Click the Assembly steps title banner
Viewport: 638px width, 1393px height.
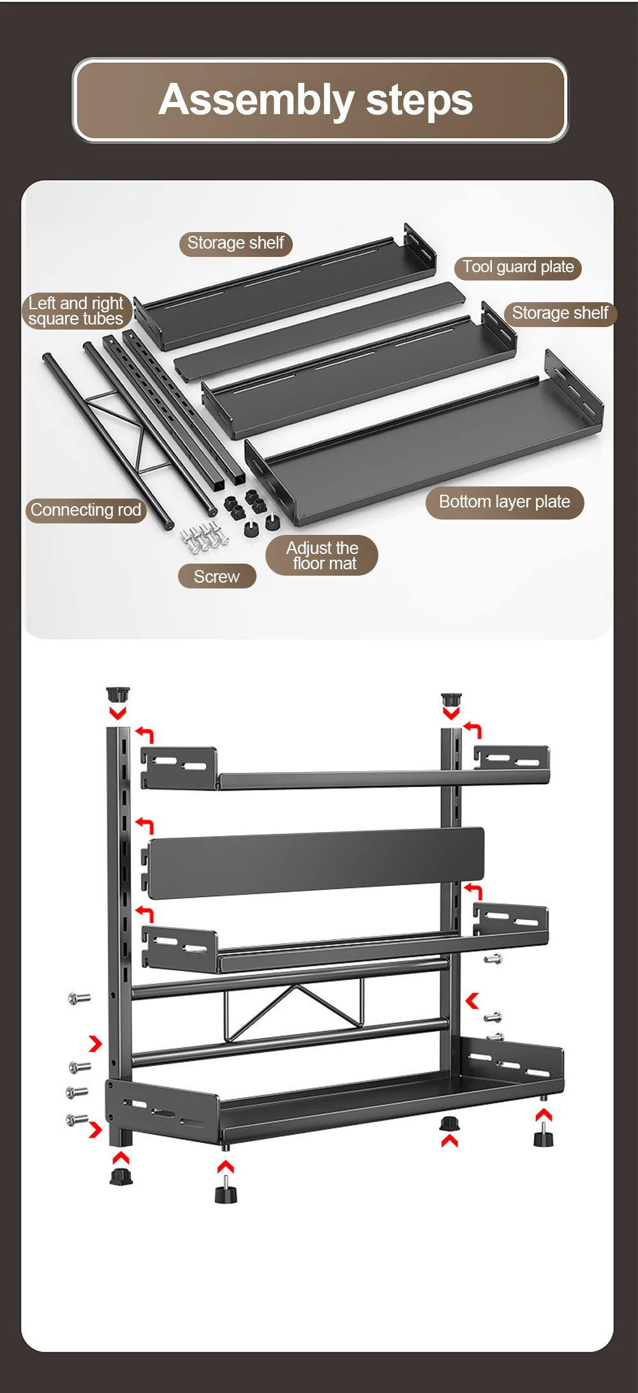(x=320, y=100)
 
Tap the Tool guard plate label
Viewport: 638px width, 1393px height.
(x=517, y=267)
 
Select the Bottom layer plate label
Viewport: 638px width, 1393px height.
(x=504, y=502)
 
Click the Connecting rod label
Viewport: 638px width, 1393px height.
(x=85, y=510)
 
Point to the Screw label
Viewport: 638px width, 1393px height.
(x=216, y=576)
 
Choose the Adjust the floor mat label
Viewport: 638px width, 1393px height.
(x=322, y=555)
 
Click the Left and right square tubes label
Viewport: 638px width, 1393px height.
(x=76, y=311)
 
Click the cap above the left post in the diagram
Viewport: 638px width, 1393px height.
(x=118, y=694)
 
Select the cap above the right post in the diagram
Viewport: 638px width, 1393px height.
(x=451, y=699)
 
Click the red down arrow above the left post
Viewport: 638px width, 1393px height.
(x=117, y=712)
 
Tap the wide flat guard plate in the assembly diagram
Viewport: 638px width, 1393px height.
(x=316, y=863)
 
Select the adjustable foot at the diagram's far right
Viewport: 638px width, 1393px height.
(x=543, y=1136)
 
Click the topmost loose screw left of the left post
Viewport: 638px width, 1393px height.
(x=79, y=998)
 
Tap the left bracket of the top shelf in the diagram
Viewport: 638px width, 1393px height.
(x=178, y=768)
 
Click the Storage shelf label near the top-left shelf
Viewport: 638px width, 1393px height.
(x=235, y=244)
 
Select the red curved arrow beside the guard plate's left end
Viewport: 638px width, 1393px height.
(x=145, y=826)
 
